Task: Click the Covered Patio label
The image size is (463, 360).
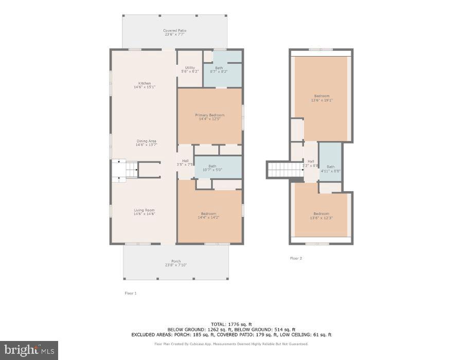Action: (175, 32)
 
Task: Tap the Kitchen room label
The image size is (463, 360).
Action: (145, 85)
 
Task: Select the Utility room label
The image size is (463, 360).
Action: (190, 69)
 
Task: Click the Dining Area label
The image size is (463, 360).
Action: (146, 143)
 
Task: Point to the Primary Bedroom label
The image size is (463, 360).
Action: (209, 117)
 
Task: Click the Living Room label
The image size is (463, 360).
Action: (145, 212)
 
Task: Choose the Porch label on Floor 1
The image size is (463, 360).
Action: (176, 263)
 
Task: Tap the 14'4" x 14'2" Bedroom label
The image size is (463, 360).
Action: (209, 215)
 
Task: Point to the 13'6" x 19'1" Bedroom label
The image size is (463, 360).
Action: (322, 98)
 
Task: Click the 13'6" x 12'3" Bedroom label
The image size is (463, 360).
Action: (322, 215)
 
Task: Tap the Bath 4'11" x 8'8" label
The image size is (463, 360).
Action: (330, 168)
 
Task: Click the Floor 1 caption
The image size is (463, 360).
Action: (131, 293)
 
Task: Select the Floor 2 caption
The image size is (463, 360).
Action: (296, 258)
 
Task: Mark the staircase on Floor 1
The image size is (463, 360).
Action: (125, 169)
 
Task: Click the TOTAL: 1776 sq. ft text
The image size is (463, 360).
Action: (231, 324)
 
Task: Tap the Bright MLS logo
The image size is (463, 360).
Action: (29, 350)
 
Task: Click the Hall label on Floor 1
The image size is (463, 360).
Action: (185, 163)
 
